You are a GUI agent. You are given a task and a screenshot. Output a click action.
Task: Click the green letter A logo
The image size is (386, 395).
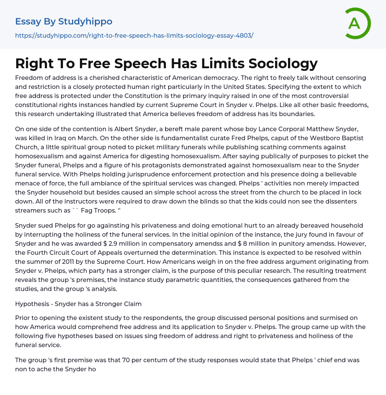[357, 23]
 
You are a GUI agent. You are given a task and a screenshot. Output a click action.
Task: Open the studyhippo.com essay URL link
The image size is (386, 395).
[134, 35]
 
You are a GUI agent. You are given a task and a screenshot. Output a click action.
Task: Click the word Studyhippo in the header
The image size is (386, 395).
[85, 21]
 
